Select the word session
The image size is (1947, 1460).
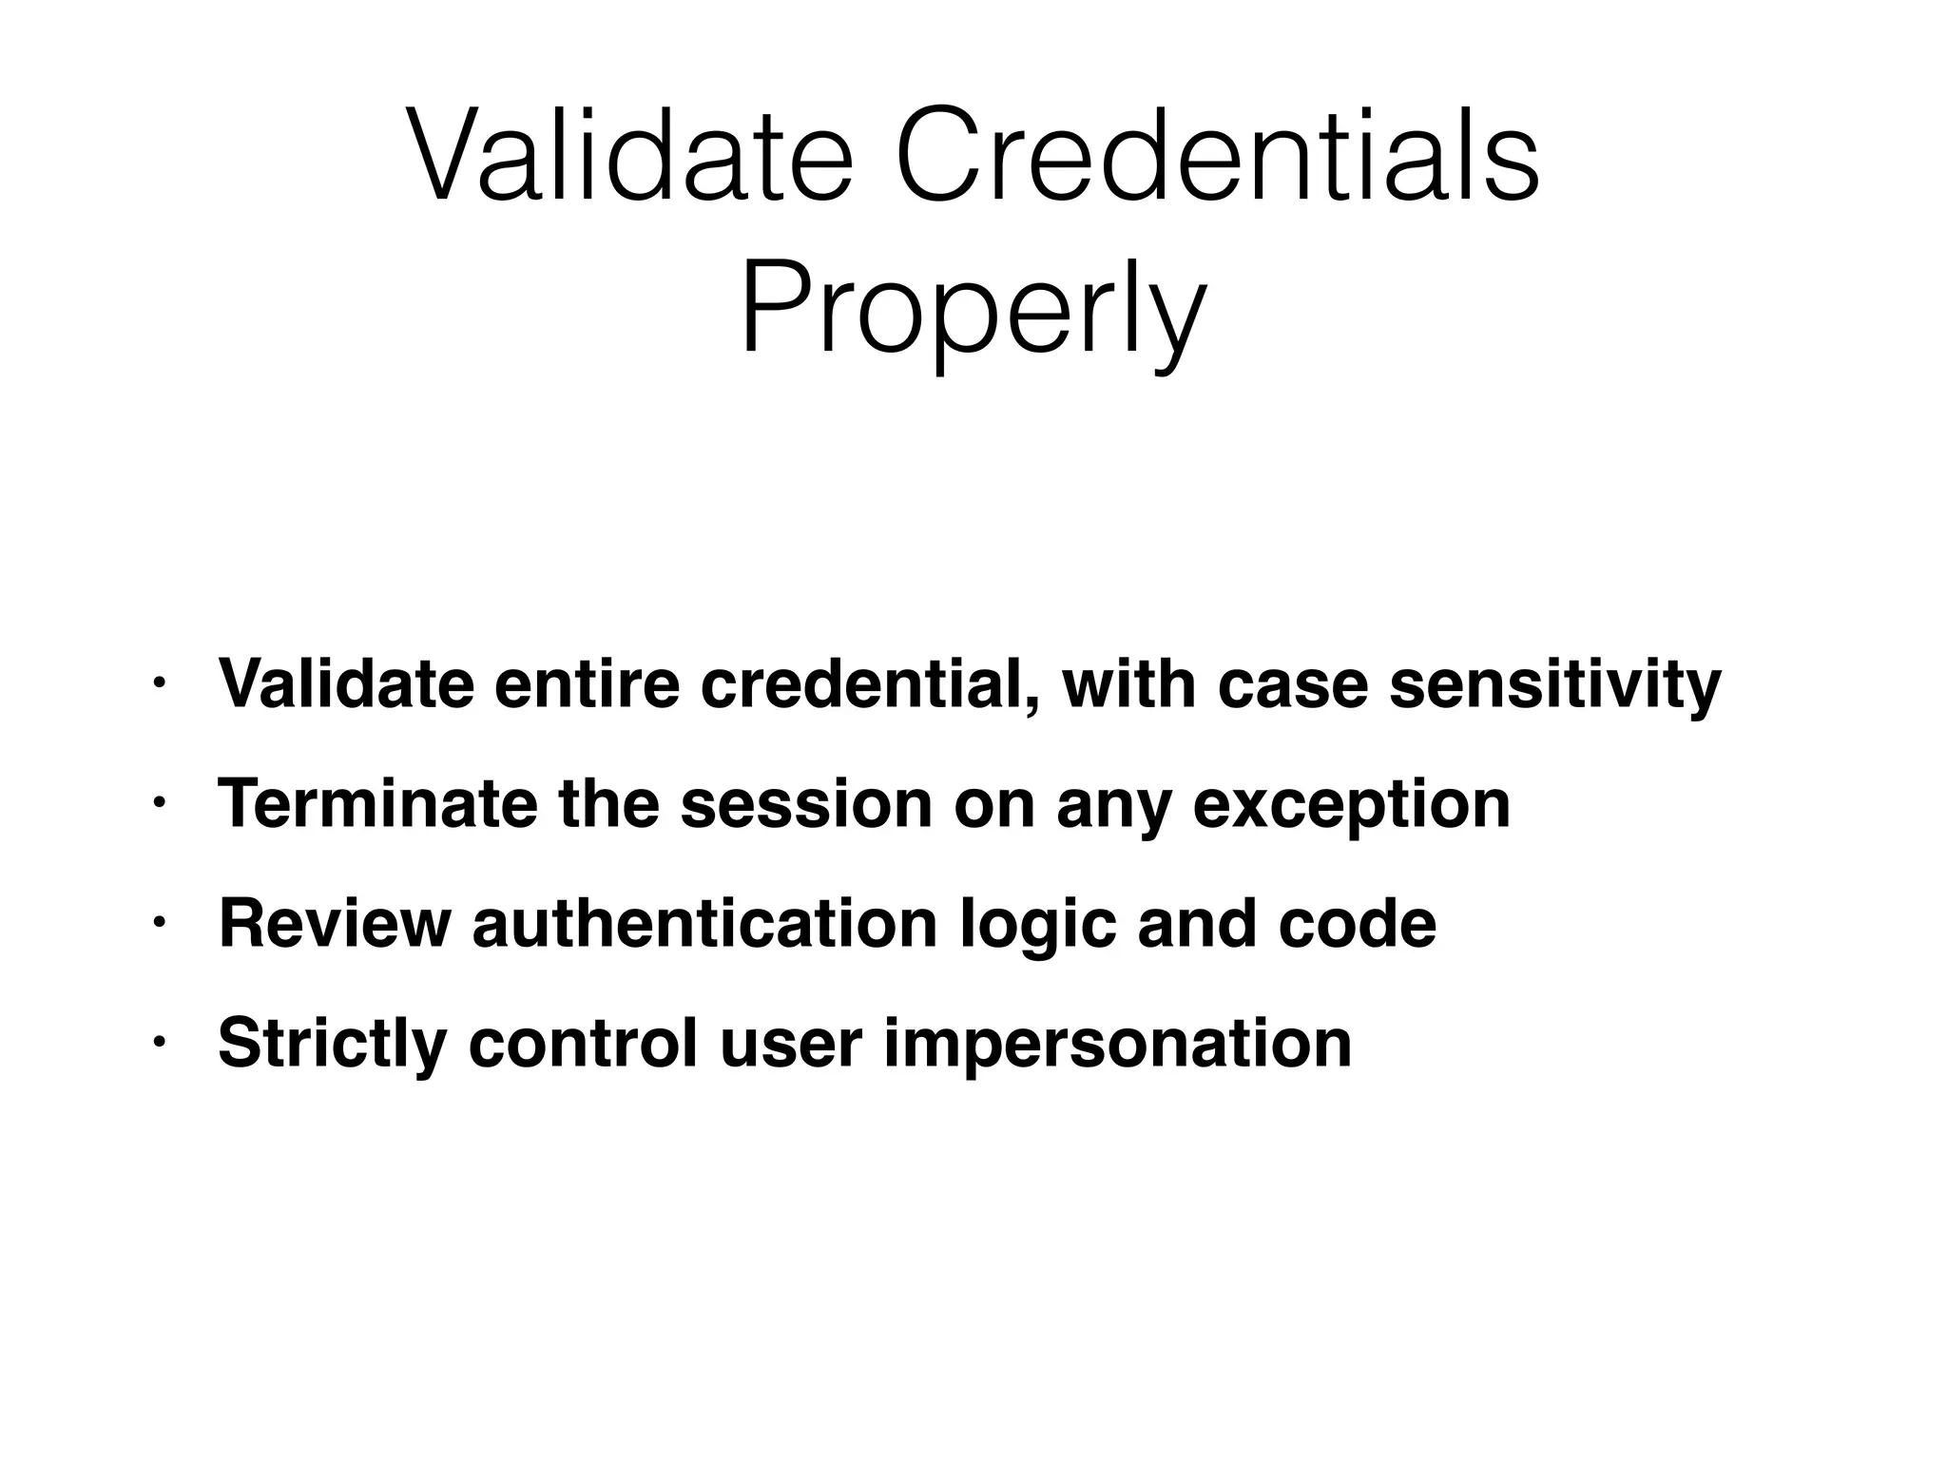point(806,803)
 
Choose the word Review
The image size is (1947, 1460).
point(335,923)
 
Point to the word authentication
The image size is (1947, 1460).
point(705,923)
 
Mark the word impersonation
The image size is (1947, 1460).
point(1117,1044)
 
